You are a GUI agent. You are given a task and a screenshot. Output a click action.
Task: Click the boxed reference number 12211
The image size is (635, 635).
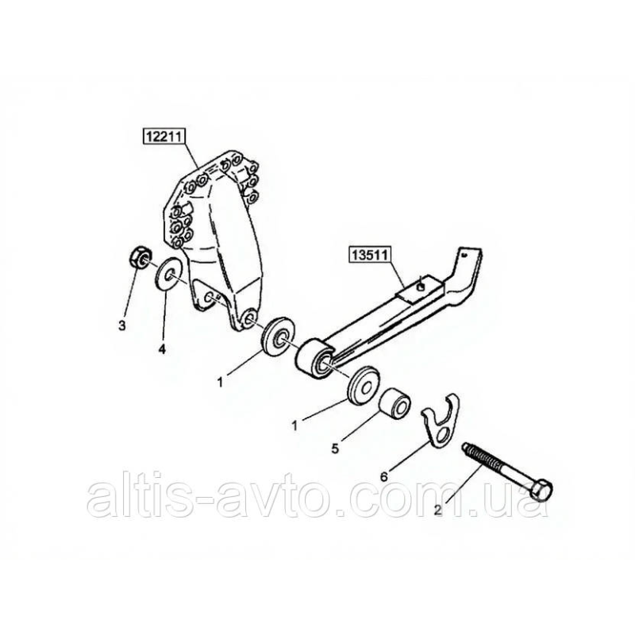click(x=164, y=137)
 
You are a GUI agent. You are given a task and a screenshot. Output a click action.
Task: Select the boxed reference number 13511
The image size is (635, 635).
click(x=370, y=256)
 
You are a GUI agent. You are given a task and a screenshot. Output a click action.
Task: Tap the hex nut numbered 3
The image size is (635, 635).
click(x=140, y=256)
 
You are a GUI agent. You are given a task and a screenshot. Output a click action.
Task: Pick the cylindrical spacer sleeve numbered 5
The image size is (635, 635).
click(x=394, y=402)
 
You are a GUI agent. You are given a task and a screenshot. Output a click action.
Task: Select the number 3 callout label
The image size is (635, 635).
click(x=122, y=325)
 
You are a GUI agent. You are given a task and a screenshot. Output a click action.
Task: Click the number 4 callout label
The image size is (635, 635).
click(x=162, y=349)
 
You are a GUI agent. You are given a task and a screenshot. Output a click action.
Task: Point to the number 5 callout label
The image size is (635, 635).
click(x=335, y=448)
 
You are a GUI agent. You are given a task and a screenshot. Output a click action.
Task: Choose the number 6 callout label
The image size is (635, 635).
click(x=383, y=476)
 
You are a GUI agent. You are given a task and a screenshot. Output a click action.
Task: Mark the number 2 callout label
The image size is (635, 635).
click(x=437, y=510)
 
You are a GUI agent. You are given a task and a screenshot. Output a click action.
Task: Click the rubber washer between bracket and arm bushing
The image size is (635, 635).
click(x=278, y=337)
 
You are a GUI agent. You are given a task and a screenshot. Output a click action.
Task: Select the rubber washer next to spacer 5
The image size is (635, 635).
click(x=364, y=386)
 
